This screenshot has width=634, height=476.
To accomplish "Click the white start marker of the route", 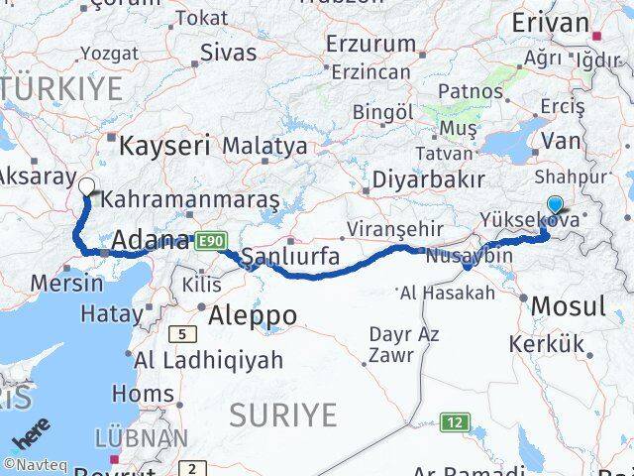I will tap(86, 185).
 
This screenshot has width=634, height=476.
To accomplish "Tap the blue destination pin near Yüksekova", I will tap(555, 205).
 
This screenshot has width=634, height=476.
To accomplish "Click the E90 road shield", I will tap(211, 241).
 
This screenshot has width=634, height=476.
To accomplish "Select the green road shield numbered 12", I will tap(454, 421).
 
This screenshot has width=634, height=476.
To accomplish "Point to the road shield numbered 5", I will tap(182, 334).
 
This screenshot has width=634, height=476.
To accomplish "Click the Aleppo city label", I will tap(253, 315).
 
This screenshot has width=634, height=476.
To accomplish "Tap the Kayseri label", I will tap(164, 147).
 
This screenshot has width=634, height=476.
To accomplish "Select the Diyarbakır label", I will tap(429, 180).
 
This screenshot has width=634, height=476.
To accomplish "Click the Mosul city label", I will tap(568, 306).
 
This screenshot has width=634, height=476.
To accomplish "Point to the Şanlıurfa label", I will tap(290, 257).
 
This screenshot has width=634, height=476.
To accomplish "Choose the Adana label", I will tap(151, 240).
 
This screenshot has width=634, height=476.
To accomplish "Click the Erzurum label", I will tap(371, 45).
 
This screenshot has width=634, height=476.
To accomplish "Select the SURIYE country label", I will tap(283, 416).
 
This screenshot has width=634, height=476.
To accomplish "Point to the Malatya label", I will tap(264, 146).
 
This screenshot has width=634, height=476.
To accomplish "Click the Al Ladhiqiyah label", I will tap(208, 360).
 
